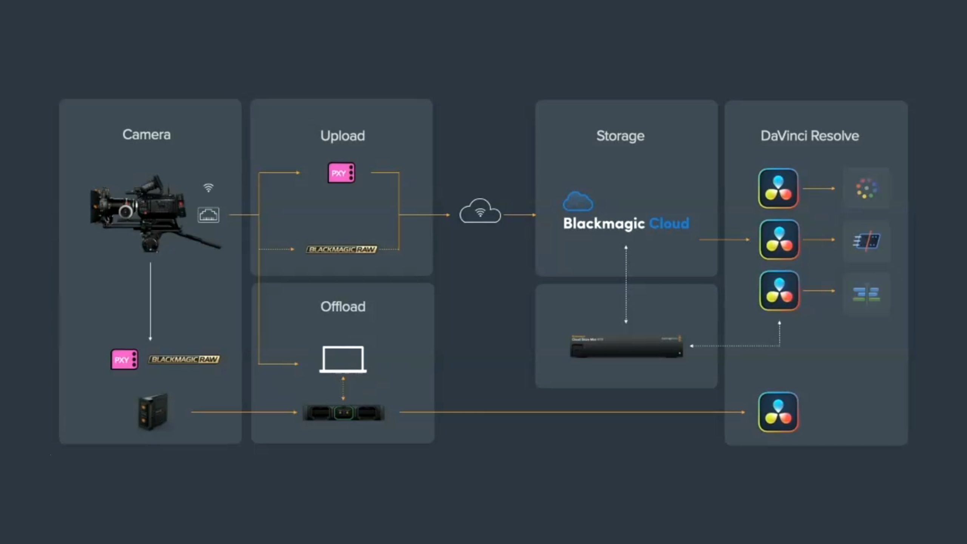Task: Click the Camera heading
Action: pyautogui.click(x=146, y=134)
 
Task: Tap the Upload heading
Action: pyautogui.click(x=342, y=136)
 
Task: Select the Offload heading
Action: pyautogui.click(x=343, y=306)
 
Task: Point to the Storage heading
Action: pyautogui.click(x=620, y=136)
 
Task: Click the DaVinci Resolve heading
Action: pyautogui.click(x=809, y=136)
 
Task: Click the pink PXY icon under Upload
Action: pyautogui.click(x=341, y=173)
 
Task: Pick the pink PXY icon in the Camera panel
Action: pyautogui.click(x=124, y=359)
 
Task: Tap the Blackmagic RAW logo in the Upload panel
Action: pyautogui.click(x=341, y=249)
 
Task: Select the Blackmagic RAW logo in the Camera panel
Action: pyautogui.click(x=184, y=359)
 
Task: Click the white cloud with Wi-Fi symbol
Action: pyautogui.click(x=480, y=212)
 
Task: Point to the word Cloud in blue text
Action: pyautogui.click(x=669, y=223)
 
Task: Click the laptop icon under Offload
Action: pyautogui.click(x=343, y=359)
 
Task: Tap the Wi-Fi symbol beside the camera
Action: pyautogui.click(x=208, y=187)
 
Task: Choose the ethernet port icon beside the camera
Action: pyautogui.click(x=208, y=215)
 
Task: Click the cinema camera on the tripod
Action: pyautogui.click(x=144, y=212)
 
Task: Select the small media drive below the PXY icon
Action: pyautogui.click(x=153, y=411)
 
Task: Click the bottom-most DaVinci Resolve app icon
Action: pyautogui.click(x=778, y=412)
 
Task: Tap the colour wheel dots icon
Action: pyautogui.click(x=867, y=188)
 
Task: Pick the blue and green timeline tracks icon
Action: pyautogui.click(x=867, y=294)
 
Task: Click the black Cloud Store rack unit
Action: pyautogui.click(x=626, y=346)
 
